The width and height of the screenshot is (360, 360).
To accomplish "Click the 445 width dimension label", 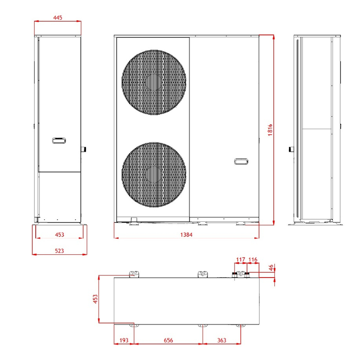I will coord(57,18).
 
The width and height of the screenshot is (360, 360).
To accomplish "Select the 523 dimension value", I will coord(59,251).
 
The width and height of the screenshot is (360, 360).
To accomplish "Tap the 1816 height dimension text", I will coord(270,130).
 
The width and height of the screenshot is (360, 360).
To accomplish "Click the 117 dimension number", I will coord(240,260).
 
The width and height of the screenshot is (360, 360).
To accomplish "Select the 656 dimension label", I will coord(167,340).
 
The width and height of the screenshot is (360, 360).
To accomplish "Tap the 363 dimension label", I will coord(221,340).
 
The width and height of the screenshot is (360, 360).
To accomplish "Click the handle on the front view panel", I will coord(241,161).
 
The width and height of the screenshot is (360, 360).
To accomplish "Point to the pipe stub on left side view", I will coord(83,148).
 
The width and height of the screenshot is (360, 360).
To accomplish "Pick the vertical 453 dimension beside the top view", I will coord(95,299).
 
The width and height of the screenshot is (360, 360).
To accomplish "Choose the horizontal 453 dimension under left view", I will coord(59,234).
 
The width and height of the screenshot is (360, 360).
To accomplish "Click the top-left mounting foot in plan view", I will coord(134,274).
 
